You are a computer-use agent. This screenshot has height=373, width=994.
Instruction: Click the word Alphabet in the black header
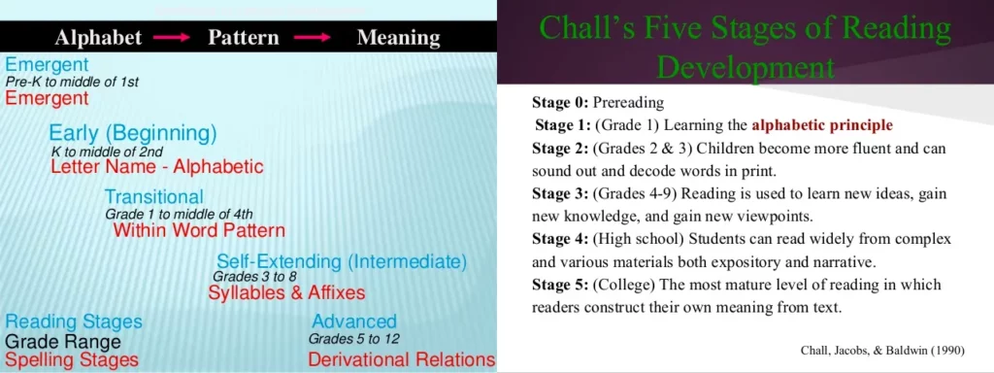[x=98, y=38]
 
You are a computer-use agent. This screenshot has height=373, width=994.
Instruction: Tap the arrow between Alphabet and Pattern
[x=172, y=38]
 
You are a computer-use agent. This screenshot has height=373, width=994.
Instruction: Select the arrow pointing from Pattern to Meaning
[x=313, y=38]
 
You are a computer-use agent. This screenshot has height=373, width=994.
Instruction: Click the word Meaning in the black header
[x=399, y=38]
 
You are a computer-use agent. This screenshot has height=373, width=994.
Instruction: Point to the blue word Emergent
[x=47, y=65]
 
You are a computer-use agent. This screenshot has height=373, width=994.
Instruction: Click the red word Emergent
[x=47, y=98]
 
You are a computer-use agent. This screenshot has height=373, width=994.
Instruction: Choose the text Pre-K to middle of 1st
[x=72, y=82]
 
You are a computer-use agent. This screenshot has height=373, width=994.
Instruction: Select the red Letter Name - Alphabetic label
[x=156, y=167]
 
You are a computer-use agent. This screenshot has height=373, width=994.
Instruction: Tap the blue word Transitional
[x=154, y=196]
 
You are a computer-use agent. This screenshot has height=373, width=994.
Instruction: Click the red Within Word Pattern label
[x=199, y=229]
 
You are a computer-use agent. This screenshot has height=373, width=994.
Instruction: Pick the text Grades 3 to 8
[x=255, y=277]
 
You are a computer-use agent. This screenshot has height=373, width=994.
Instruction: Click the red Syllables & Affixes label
[x=286, y=292]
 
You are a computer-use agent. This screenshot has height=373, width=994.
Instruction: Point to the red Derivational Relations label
[x=401, y=359]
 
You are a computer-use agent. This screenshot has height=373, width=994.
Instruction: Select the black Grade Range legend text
[x=63, y=343]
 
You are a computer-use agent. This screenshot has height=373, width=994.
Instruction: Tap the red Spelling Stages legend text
[x=72, y=360]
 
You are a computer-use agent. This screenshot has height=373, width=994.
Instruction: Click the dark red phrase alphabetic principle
[x=822, y=125]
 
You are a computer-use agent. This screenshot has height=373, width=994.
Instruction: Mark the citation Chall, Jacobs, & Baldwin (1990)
[x=883, y=351]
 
